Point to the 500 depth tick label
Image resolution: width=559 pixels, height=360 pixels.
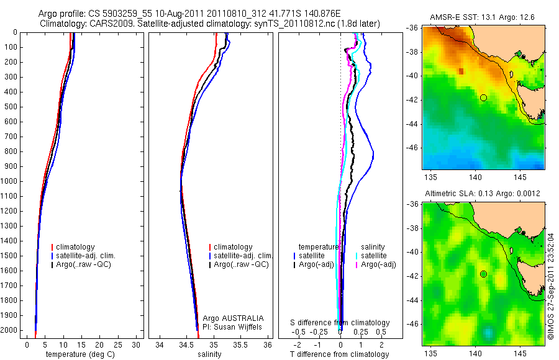(11, 107)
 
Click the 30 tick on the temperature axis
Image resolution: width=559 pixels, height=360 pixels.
(136, 344)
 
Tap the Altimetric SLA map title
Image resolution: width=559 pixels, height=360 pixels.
(482, 194)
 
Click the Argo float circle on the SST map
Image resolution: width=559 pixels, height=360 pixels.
(483, 97)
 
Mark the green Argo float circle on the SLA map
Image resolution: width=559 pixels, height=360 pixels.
(483, 274)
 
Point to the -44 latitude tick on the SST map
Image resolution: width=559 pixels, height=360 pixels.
(413, 124)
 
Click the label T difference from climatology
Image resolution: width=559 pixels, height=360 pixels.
(340, 354)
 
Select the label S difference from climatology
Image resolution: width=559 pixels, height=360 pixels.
(340, 323)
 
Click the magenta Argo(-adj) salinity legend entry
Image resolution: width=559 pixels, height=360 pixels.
(379, 264)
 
